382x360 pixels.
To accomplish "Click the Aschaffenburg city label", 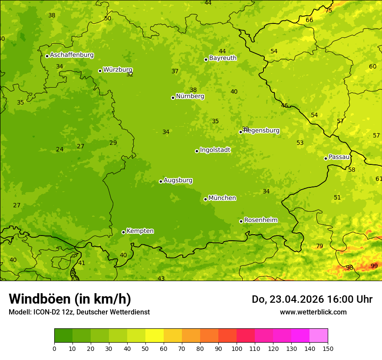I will [x=72, y=55].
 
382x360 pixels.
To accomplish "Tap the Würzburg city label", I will [x=118, y=70].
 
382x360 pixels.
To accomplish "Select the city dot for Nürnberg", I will [x=173, y=98].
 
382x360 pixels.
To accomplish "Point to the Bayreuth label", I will [x=223, y=58].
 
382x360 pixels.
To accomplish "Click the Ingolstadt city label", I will [x=215, y=150].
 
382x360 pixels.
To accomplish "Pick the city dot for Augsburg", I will [x=161, y=181].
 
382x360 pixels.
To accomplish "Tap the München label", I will [x=222, y=198].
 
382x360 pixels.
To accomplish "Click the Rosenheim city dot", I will [x=241, y=221].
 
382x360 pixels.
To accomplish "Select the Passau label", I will [x=339, y=157].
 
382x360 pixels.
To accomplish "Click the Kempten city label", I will [x=140, y=231].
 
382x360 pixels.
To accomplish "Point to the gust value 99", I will [x=374, y=266].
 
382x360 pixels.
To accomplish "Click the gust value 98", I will [x=349, y=268].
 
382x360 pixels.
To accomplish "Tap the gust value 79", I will [x=319, y=246].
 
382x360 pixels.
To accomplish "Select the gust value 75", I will [x=329, y=10].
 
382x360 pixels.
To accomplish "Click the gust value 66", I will [x=309, y=20].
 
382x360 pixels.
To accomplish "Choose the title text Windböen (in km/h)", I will [x=70, y=299].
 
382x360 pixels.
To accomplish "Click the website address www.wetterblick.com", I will [x=313, y=312].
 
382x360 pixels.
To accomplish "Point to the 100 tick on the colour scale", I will [x=237, y=348].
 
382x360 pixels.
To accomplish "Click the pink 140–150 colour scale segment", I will [x=319, y=336].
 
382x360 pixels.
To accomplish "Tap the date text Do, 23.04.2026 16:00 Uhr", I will [x=312, y=299].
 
